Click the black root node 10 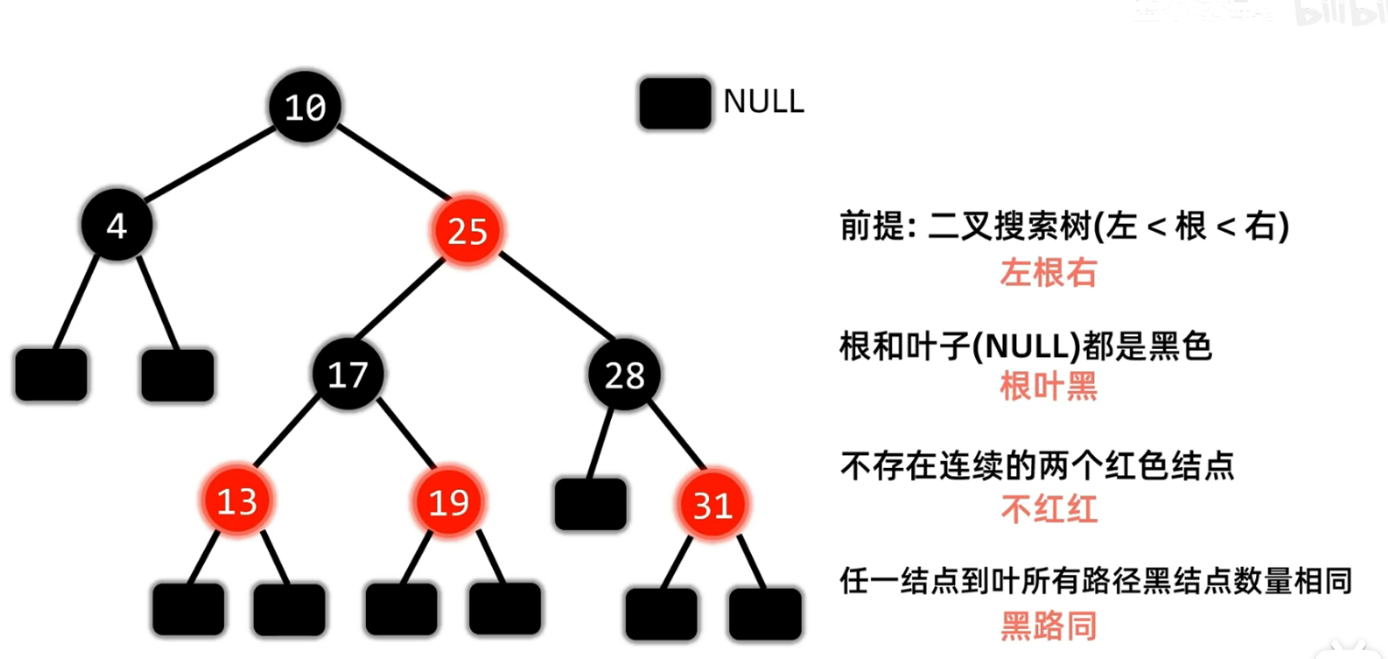pyautogui.click(x=305, y=107)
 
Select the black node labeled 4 pyautogui.click(x=117, y=226)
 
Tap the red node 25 pyautogui.click(x=467, y=231)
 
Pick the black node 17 pyautogui.click(x=347, y=375)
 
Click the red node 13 pyautogui.click(x=237, y=501)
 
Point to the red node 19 pyautogui.click(x=448, y=502)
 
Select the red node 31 pyautogui.click(x=712, y=505)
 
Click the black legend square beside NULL pyautogui.click(x=675, y=103)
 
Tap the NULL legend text pyautogui.click(x=764, y=101)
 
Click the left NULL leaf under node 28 pyautogui.click(x=590, y=504)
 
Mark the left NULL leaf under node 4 pyautogui.click(x=51, y=374)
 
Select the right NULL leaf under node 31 pyautogui.click(x=764, y=614)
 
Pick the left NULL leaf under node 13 pyautogui.click(x=188, y=609)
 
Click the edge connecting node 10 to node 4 pyautogui.click(x=210, y=165)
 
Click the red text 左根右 pyautogui.click(x=1048, y=272)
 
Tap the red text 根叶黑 pyautogui.click(x=1048, y=387)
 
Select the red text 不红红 pyautogui.click(x=1049, y=509)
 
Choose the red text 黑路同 pyautogui.click(x=1049, y=625)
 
